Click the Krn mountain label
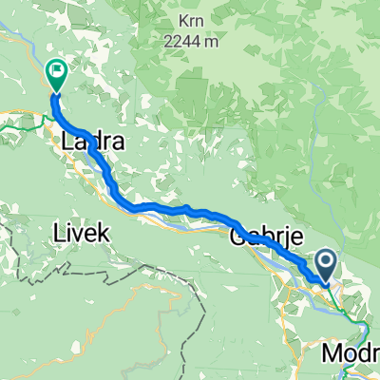189,20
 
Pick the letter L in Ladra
66,143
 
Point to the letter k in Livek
105,233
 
